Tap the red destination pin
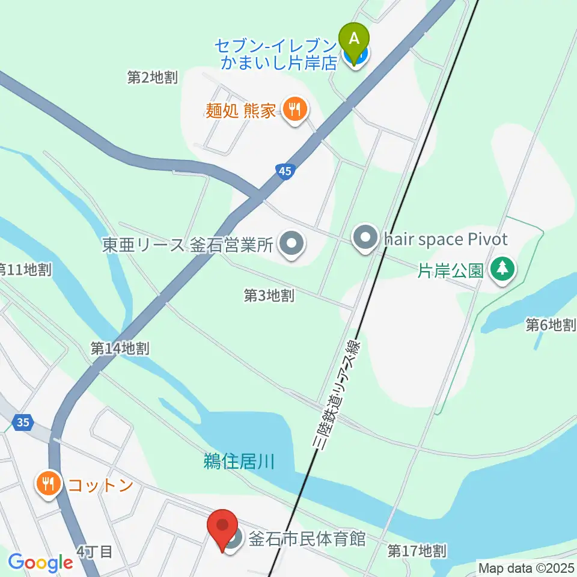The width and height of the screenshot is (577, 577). (223, 527)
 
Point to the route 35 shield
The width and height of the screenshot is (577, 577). (23, 423)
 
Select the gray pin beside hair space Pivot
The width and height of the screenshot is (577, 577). (365, 240)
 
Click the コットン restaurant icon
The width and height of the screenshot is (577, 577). (49, 484)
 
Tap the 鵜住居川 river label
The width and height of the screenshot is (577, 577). (239, 462)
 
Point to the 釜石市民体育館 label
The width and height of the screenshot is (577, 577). (307, 538)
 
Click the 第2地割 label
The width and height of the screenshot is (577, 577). (153, 77)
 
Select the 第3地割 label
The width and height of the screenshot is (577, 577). (269, 295)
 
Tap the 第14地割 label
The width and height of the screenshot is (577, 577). (120, 348)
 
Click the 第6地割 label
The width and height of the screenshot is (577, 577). (551, 325)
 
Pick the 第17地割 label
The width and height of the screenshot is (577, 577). (417, 550)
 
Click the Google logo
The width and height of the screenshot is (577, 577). (40, 563)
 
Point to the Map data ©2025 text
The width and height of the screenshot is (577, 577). (527, 567)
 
